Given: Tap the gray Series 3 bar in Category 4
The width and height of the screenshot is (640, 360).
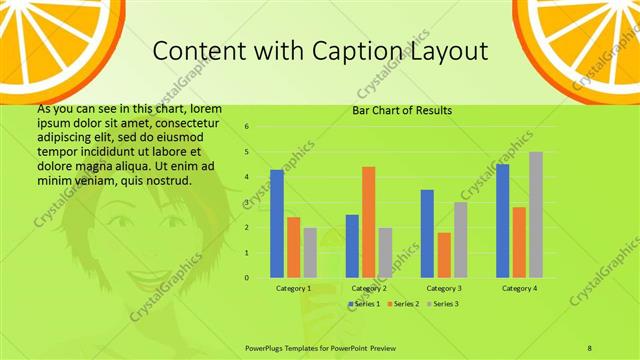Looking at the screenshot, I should click(x=536, y=215).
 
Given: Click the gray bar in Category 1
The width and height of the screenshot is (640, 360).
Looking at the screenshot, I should click(x=310, y=252).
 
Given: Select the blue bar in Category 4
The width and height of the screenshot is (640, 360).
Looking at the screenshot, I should click(x=502, y=221).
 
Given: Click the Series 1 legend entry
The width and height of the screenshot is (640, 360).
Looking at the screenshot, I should click(x=364, y=303).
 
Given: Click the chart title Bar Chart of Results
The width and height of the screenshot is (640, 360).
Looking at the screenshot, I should click(x=402, y=111).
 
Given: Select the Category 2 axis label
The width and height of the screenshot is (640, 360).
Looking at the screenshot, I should click(x=368, y=288).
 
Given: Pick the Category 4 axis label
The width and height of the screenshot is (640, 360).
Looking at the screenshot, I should click(x=518, y=288).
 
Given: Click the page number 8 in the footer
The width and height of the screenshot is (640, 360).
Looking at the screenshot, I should click(x=590, y=347).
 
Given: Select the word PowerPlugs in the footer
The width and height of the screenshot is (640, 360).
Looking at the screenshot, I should click(x=268, y=347).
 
